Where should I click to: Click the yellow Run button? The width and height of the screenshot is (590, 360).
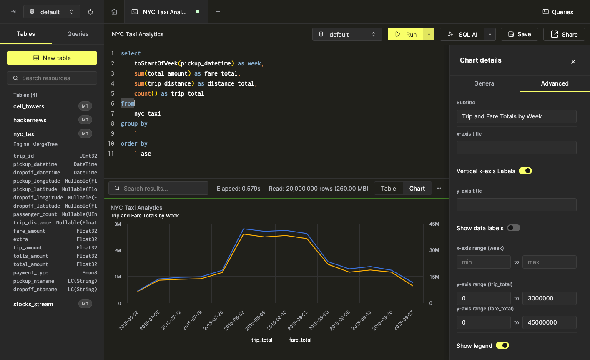click(x=406, y=35)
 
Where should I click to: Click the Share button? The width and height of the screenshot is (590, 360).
click(x=564, y=35)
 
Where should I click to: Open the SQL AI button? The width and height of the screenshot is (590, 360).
click(x=462, y=35)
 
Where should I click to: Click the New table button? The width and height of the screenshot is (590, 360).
click(x=52, y=58)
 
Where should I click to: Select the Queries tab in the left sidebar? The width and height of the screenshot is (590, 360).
click(x=78, y=34)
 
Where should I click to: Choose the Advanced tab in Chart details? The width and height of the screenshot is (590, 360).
click(x=555, y=83)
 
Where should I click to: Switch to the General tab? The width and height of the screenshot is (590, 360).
click(x=485, y=83)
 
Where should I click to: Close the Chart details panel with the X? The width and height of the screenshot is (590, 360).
click(x=573, y=62)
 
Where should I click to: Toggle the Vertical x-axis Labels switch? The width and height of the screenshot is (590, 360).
click(x=525, y=171)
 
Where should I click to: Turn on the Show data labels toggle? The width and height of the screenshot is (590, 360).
click(x=514, y=228)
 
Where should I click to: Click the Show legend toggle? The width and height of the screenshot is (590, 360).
click(x=502, y=345)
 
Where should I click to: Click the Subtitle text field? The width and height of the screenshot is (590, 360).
click(x=516, y=116)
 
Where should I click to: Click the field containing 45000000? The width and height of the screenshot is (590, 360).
click(x=549, y=322)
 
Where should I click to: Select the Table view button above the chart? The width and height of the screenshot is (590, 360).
click(x=388, y=189)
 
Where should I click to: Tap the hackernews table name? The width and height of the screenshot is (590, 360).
click(x=30, y=120)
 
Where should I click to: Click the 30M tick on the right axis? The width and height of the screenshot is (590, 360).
click(x=434, y=250)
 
